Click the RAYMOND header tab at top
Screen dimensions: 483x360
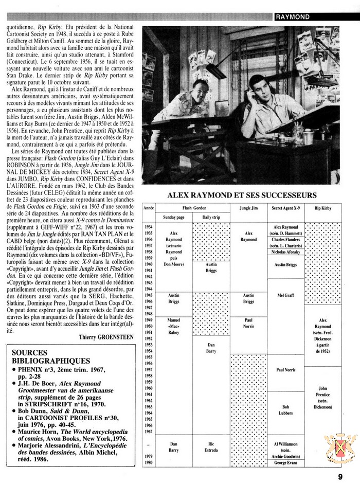293,17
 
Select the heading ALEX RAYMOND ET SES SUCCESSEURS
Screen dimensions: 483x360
248,195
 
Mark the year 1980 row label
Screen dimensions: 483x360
149,463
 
